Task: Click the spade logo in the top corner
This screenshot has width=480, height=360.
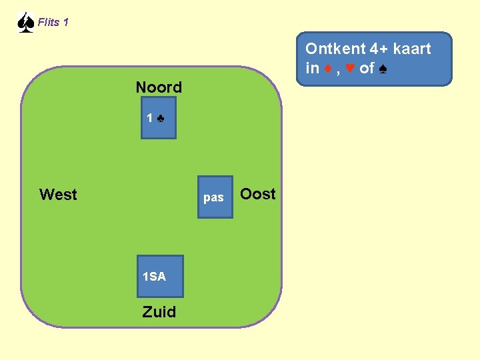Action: point(25,22)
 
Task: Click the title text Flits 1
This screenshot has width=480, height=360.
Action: point(53,22)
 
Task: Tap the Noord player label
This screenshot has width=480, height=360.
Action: point(159,87)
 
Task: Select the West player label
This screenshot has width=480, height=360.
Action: point(58,195)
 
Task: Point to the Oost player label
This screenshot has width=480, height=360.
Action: point(258,194)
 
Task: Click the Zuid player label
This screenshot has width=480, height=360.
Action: point(159,312)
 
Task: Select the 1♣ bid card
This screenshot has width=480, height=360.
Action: point(159,118)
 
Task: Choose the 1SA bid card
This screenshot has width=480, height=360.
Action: point(159,276)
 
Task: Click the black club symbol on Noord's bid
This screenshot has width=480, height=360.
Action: point(161,119)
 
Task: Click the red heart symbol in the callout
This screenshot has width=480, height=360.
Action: point(349,68)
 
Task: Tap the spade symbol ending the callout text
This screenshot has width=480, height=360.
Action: point(383,68)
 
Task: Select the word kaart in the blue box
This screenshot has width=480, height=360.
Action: point(412,49)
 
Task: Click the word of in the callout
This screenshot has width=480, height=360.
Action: point(367,68)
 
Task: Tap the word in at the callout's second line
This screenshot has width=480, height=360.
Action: point(313,68)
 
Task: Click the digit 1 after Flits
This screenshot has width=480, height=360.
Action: point(65,22)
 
